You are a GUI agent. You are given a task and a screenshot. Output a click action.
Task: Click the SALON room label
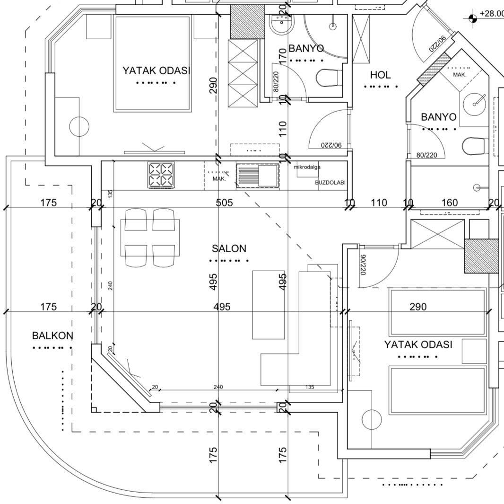(x=229, y=248)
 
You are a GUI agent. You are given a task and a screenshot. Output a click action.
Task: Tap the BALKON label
(x=52, y=336)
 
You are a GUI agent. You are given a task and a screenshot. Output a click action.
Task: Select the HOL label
(x=380, y=75)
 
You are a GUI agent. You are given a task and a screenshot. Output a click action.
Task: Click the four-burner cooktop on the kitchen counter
(x=161, y=175)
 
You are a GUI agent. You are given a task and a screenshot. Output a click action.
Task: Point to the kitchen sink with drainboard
(x=258, y=175)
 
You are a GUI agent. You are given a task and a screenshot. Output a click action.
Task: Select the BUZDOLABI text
(x=330, y=182)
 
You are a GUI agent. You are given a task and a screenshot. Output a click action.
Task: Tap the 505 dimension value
(x=224, y=203)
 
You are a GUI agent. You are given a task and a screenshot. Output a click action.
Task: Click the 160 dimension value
(x=449, y=203)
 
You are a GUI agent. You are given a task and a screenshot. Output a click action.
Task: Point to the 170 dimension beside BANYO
(x=283, y=55)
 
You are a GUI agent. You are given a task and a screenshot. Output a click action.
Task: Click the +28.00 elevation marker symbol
(x=472, y=18)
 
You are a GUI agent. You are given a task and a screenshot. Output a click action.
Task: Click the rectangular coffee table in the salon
(x=269, y=305)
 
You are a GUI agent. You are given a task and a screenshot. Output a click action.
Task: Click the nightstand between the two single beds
(x=474, y=351)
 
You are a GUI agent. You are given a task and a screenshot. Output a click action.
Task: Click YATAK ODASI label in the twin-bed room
(x=418, y=345)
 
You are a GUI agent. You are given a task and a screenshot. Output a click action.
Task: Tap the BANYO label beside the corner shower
(x=306, y=48)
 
